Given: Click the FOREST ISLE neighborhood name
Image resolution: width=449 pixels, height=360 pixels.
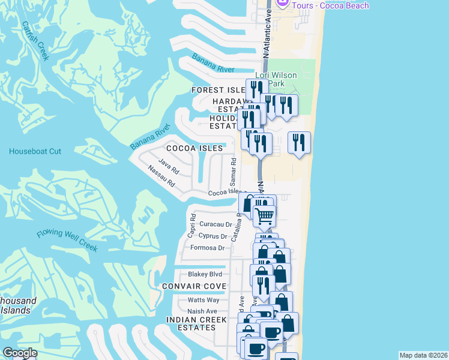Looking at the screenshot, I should [218, 90].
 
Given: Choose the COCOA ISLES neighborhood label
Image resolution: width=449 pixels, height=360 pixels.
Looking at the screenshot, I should [194, 148].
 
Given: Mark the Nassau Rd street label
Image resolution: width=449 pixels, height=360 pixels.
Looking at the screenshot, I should [161, 175].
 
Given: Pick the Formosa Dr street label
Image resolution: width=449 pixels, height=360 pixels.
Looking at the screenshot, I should [207, 248].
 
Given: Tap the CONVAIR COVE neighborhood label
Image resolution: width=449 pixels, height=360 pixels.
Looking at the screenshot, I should [194, 286].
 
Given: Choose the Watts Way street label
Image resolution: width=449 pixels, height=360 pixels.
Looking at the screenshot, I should [203, 299].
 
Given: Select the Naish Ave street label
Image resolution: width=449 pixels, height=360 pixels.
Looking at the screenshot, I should [202, 311].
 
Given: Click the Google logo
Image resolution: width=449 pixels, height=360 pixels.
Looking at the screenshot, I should [20, 353].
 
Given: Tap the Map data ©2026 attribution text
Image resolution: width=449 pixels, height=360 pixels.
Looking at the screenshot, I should [423, 355].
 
